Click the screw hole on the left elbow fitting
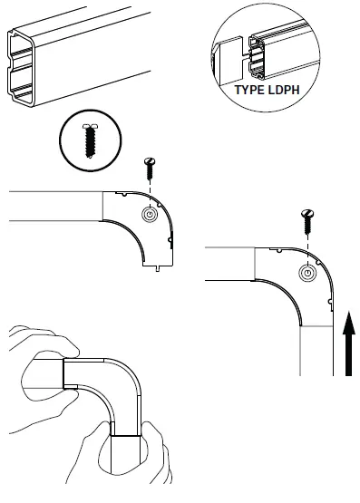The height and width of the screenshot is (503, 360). click(x=149, y=214)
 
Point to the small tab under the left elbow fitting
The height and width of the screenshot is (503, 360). click(x=160, y=266)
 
